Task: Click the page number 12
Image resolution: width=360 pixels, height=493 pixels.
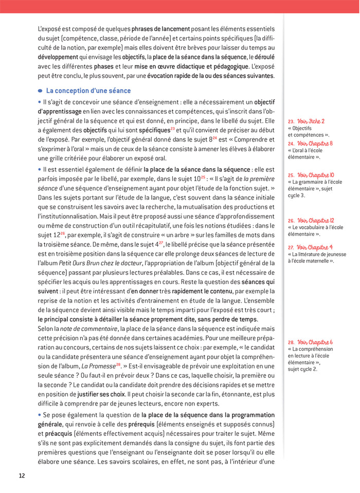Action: [x=22, y=475]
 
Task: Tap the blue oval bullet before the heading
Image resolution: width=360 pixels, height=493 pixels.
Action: [x=41, y=91]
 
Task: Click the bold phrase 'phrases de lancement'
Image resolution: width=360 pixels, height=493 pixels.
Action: [x=160, y=29]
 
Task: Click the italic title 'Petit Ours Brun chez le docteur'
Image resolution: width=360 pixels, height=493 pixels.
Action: [x=99, y=263]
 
